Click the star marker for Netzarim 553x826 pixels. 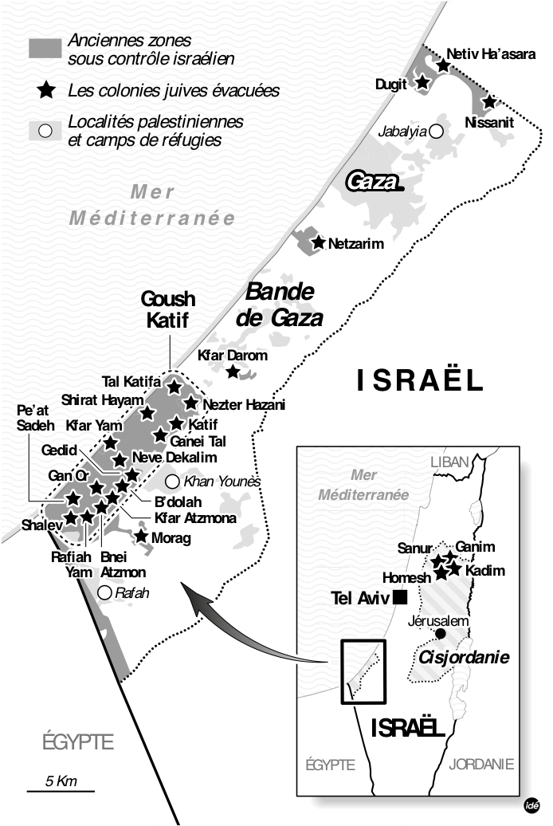pyautogui.click(x=319, y=242)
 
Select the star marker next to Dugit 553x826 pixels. pyautogui.click(x=422, y=82)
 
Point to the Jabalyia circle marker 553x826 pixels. pyautogui.click(x=436, y=132)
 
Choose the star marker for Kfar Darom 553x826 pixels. pyautogui.click(x=233, y=372)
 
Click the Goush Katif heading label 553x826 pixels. pyautogui.click(x=168, y=310)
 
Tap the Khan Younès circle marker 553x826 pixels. pyautogui.click(x=172, y=482)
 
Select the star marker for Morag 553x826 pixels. pyautogui.click(x=141, y=537)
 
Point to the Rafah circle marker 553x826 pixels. pyautogui.click(x=104, y=592)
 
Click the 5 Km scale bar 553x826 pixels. pyautogui.click(x=61, y=791)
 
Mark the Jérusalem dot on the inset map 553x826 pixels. pyautogui.click(x=440, y=634)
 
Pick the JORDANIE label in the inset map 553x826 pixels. pyautogui.click(x=481, y=764)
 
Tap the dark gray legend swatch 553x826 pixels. pyautogui.click(x=45, y=48)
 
